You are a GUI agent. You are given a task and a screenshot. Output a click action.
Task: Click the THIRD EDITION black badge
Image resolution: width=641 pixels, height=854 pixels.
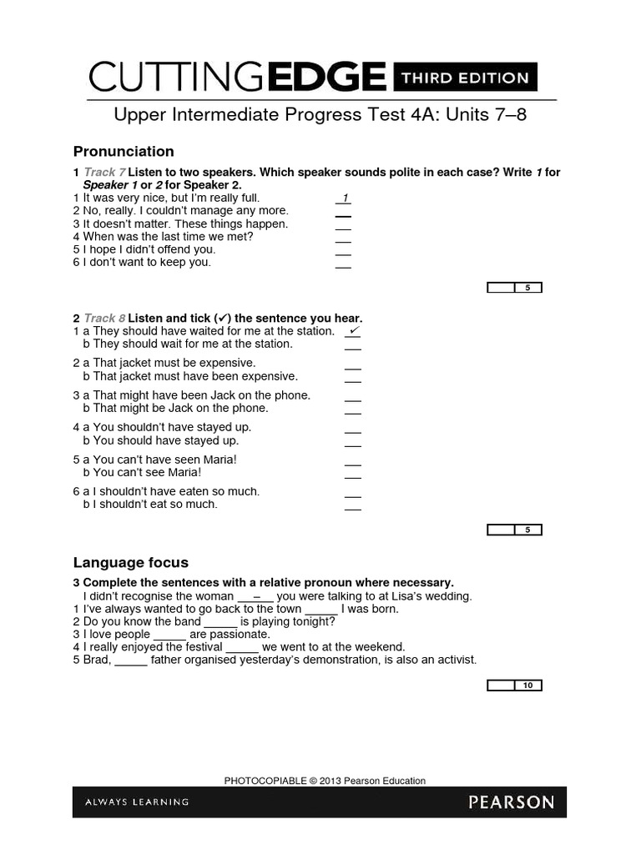coord(465,78)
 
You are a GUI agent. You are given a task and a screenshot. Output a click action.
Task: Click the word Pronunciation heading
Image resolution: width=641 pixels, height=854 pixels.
coord(124,151)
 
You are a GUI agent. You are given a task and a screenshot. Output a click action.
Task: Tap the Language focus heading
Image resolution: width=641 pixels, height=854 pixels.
coord(131,562)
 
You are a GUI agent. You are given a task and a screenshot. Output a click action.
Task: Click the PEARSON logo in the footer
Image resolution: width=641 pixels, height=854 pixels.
coord(511,802)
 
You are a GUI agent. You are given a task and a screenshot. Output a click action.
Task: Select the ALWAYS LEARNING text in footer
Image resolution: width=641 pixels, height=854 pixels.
coord(137,802)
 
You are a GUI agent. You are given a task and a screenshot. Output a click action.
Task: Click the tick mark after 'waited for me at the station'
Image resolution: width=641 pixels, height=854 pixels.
coord(354,331)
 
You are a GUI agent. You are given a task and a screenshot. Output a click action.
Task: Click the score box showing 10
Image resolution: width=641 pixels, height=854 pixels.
coord(527,686)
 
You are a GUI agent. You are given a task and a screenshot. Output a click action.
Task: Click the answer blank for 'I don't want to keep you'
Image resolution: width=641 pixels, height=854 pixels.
coord(343,264)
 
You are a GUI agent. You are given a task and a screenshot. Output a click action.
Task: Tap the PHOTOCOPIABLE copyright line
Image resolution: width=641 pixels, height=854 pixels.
coord(325,781)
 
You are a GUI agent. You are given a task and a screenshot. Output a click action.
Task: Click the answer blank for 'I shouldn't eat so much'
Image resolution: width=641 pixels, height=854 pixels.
coord(353,506)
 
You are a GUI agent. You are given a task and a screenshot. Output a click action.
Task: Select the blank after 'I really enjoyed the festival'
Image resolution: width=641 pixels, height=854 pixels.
coord(242,648)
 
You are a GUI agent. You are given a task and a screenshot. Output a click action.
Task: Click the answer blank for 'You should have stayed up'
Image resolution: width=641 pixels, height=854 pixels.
coord(353,442)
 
